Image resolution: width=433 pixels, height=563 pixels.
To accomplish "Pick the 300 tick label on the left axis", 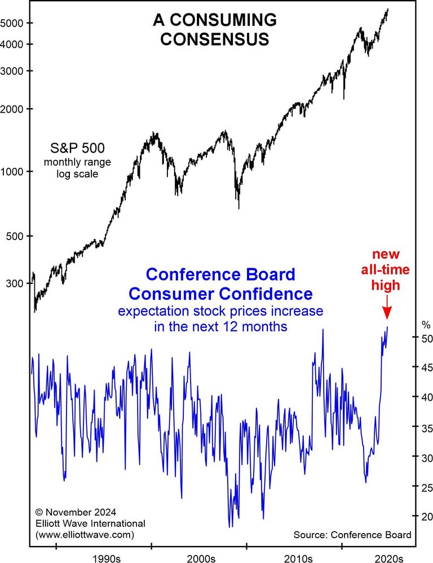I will point(17,283).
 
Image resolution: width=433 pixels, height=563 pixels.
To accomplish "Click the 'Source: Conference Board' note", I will point(352,534).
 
